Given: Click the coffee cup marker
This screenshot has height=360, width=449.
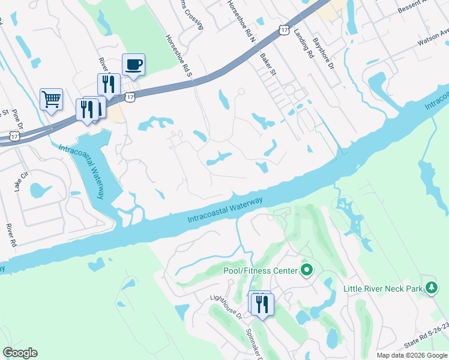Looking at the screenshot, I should [133, 64].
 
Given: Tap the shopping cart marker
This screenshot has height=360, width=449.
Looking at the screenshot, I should [51, 99].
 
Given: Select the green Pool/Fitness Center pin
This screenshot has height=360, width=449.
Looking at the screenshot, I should [307, 270].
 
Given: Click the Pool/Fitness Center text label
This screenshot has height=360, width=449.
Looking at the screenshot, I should [261, 271].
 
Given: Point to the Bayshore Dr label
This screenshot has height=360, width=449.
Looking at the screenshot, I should [322, 53].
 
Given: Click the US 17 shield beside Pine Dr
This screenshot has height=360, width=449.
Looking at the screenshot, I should [14, 137].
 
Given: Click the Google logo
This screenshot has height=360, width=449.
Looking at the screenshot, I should [20, 353].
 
